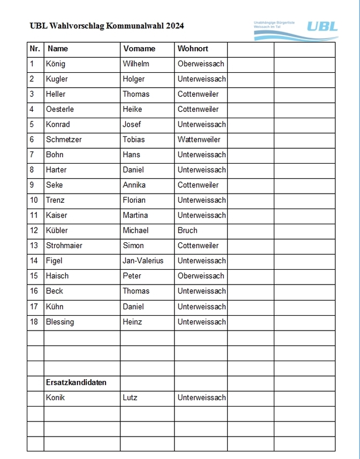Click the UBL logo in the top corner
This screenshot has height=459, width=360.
322,27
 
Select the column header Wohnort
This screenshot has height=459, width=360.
193,49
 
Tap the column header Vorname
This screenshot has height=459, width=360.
139,49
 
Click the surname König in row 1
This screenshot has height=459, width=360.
56,64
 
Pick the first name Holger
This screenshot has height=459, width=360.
134,79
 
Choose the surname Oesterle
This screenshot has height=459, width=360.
60,109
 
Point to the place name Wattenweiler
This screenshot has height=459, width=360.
199,140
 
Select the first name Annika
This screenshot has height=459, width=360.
134,185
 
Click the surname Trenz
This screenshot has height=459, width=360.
55,200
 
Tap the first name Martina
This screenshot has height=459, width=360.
135,215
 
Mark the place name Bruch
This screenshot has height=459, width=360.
188,231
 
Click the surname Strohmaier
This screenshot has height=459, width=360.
64,246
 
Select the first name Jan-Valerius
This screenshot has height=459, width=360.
143,261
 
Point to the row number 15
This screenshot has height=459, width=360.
34,276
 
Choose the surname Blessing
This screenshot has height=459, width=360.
60,322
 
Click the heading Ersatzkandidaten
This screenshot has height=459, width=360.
76,382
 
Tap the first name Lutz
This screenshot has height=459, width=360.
130,397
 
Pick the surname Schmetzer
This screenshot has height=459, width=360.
64,140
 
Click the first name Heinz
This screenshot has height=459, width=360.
133,322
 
